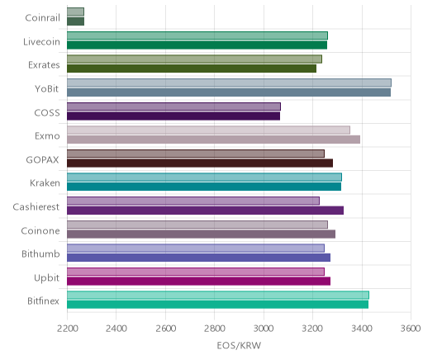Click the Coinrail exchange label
(x=42, y=18)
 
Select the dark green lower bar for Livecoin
(x=197, y=45)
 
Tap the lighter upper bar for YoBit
(x=229, y=83)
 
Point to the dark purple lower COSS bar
(x=173, y=116)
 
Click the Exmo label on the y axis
(x=47, y=136)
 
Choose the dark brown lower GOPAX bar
(x=200, y=163)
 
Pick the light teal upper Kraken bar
(x=204, y=178)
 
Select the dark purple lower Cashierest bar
(x=205, y=211)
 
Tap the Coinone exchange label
(x=40, y=230)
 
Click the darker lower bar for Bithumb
(x=198, y=258)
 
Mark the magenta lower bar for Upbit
(x=198, y=282)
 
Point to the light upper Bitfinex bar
(x=218, y=296)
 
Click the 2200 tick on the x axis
(x=67, y=329)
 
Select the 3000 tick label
(x=264, y=329)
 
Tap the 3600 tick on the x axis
(x=411, y=329)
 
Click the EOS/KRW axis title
(x=239, y=346)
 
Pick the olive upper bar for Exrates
(x=194, y=59)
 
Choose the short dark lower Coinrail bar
(x=75, y=21)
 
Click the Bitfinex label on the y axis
(x=43, y=301)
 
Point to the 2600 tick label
(x=165, y=329)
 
